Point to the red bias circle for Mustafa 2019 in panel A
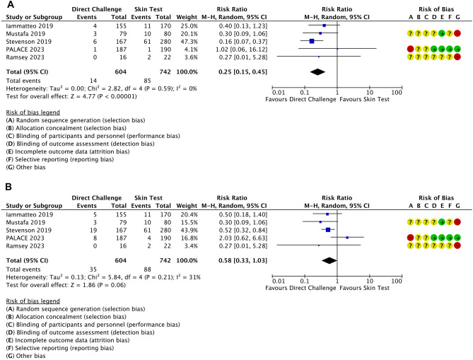[x=458, y=33]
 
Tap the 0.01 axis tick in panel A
[x=279, y=92]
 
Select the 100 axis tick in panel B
[x=396, y=281]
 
